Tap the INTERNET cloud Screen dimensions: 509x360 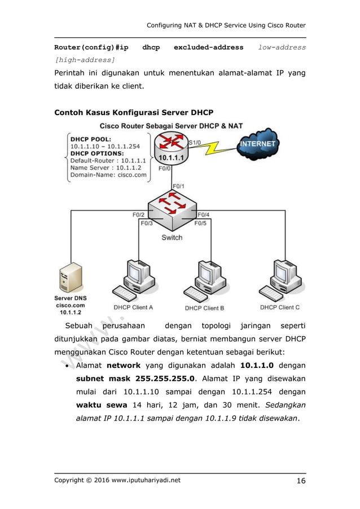[x=257, y=144]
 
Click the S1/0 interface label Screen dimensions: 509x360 [x=194, y=142]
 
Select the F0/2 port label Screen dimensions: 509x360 [x=138, y=214]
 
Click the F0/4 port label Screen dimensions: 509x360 [x=204, y=214]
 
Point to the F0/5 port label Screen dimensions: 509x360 [x=201, y=223]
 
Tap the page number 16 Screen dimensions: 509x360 [x=300, y=481]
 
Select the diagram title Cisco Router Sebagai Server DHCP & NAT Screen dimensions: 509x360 [x=172, y=125]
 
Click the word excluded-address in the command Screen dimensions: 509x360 [x=208, y=47]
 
